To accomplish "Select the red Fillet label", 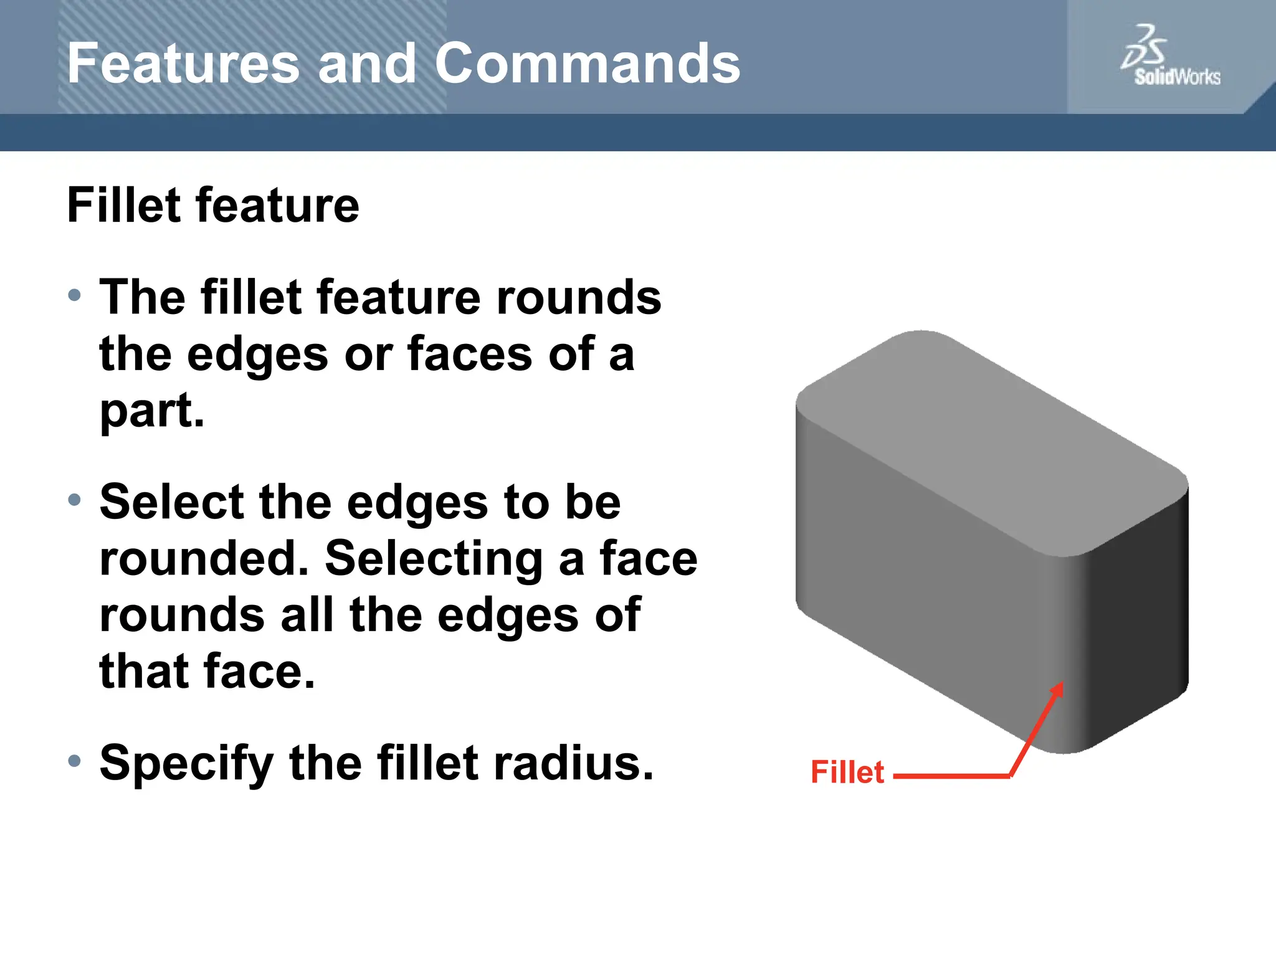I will tap(847, 773).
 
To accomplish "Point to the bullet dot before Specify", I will tap(75, 761).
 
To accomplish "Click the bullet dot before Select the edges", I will tap(75, 500).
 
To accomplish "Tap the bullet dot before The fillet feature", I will tap(75, 295).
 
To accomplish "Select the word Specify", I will tap(186, 764).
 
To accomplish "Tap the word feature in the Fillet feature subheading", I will tap(277, 206).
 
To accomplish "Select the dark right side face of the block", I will tap(1140, 617).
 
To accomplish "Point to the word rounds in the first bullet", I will tap(578, 298).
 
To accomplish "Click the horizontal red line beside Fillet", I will tap(950, 776).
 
